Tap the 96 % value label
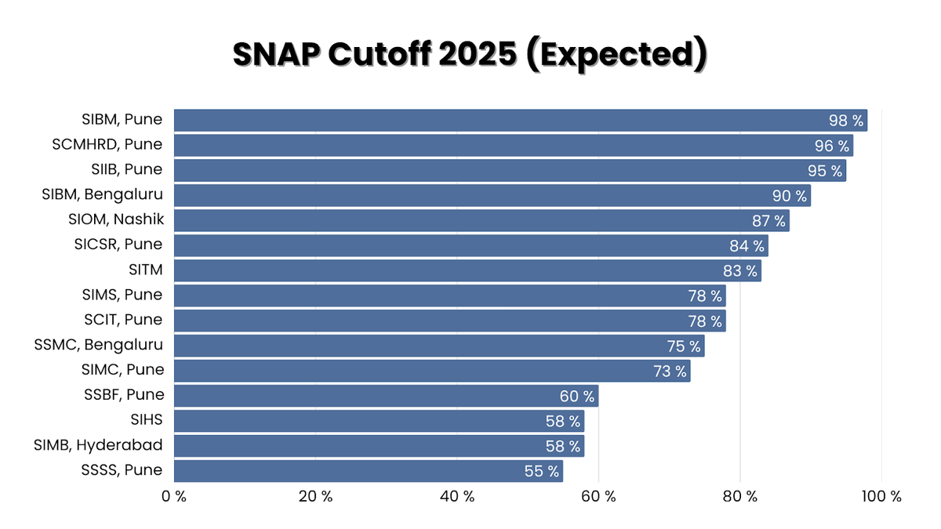click(832, 146)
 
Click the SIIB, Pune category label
click(126, 169)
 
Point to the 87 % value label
click(768, 221)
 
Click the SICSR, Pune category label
click(118, 245)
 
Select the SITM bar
click(467, 271)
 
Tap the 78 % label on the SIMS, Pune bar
click(705, 296)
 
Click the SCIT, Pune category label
click(123, 320)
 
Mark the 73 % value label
click(670, 371)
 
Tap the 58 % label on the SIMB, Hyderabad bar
click(563, 447)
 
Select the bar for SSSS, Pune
click(368, 471)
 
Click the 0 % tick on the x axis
click(173, 496)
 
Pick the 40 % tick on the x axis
click(457, 496)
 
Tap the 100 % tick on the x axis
click(881, 496)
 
